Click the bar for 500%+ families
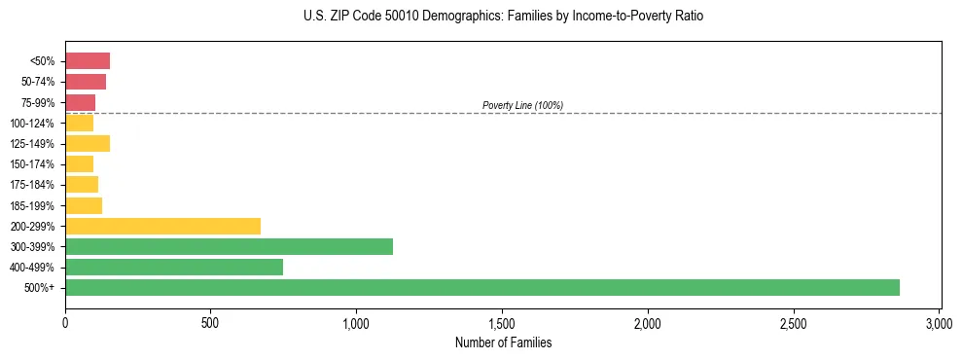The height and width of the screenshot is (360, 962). (481, 288)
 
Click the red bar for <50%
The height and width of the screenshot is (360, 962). (88, 61)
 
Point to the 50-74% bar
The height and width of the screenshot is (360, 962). (86, 82)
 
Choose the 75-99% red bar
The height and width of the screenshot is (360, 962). (81, 102)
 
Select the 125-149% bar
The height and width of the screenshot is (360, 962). (88, 144)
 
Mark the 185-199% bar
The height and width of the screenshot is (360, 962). (84, 205)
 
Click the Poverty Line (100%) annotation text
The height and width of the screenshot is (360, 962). (522, 105)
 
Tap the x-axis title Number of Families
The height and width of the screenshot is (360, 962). (503, 342)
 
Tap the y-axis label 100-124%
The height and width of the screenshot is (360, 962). (32, 124)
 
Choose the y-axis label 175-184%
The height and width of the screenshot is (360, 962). (32, 185)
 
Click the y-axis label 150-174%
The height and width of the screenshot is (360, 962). (32, 164)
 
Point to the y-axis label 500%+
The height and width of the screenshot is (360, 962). (40, 288)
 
